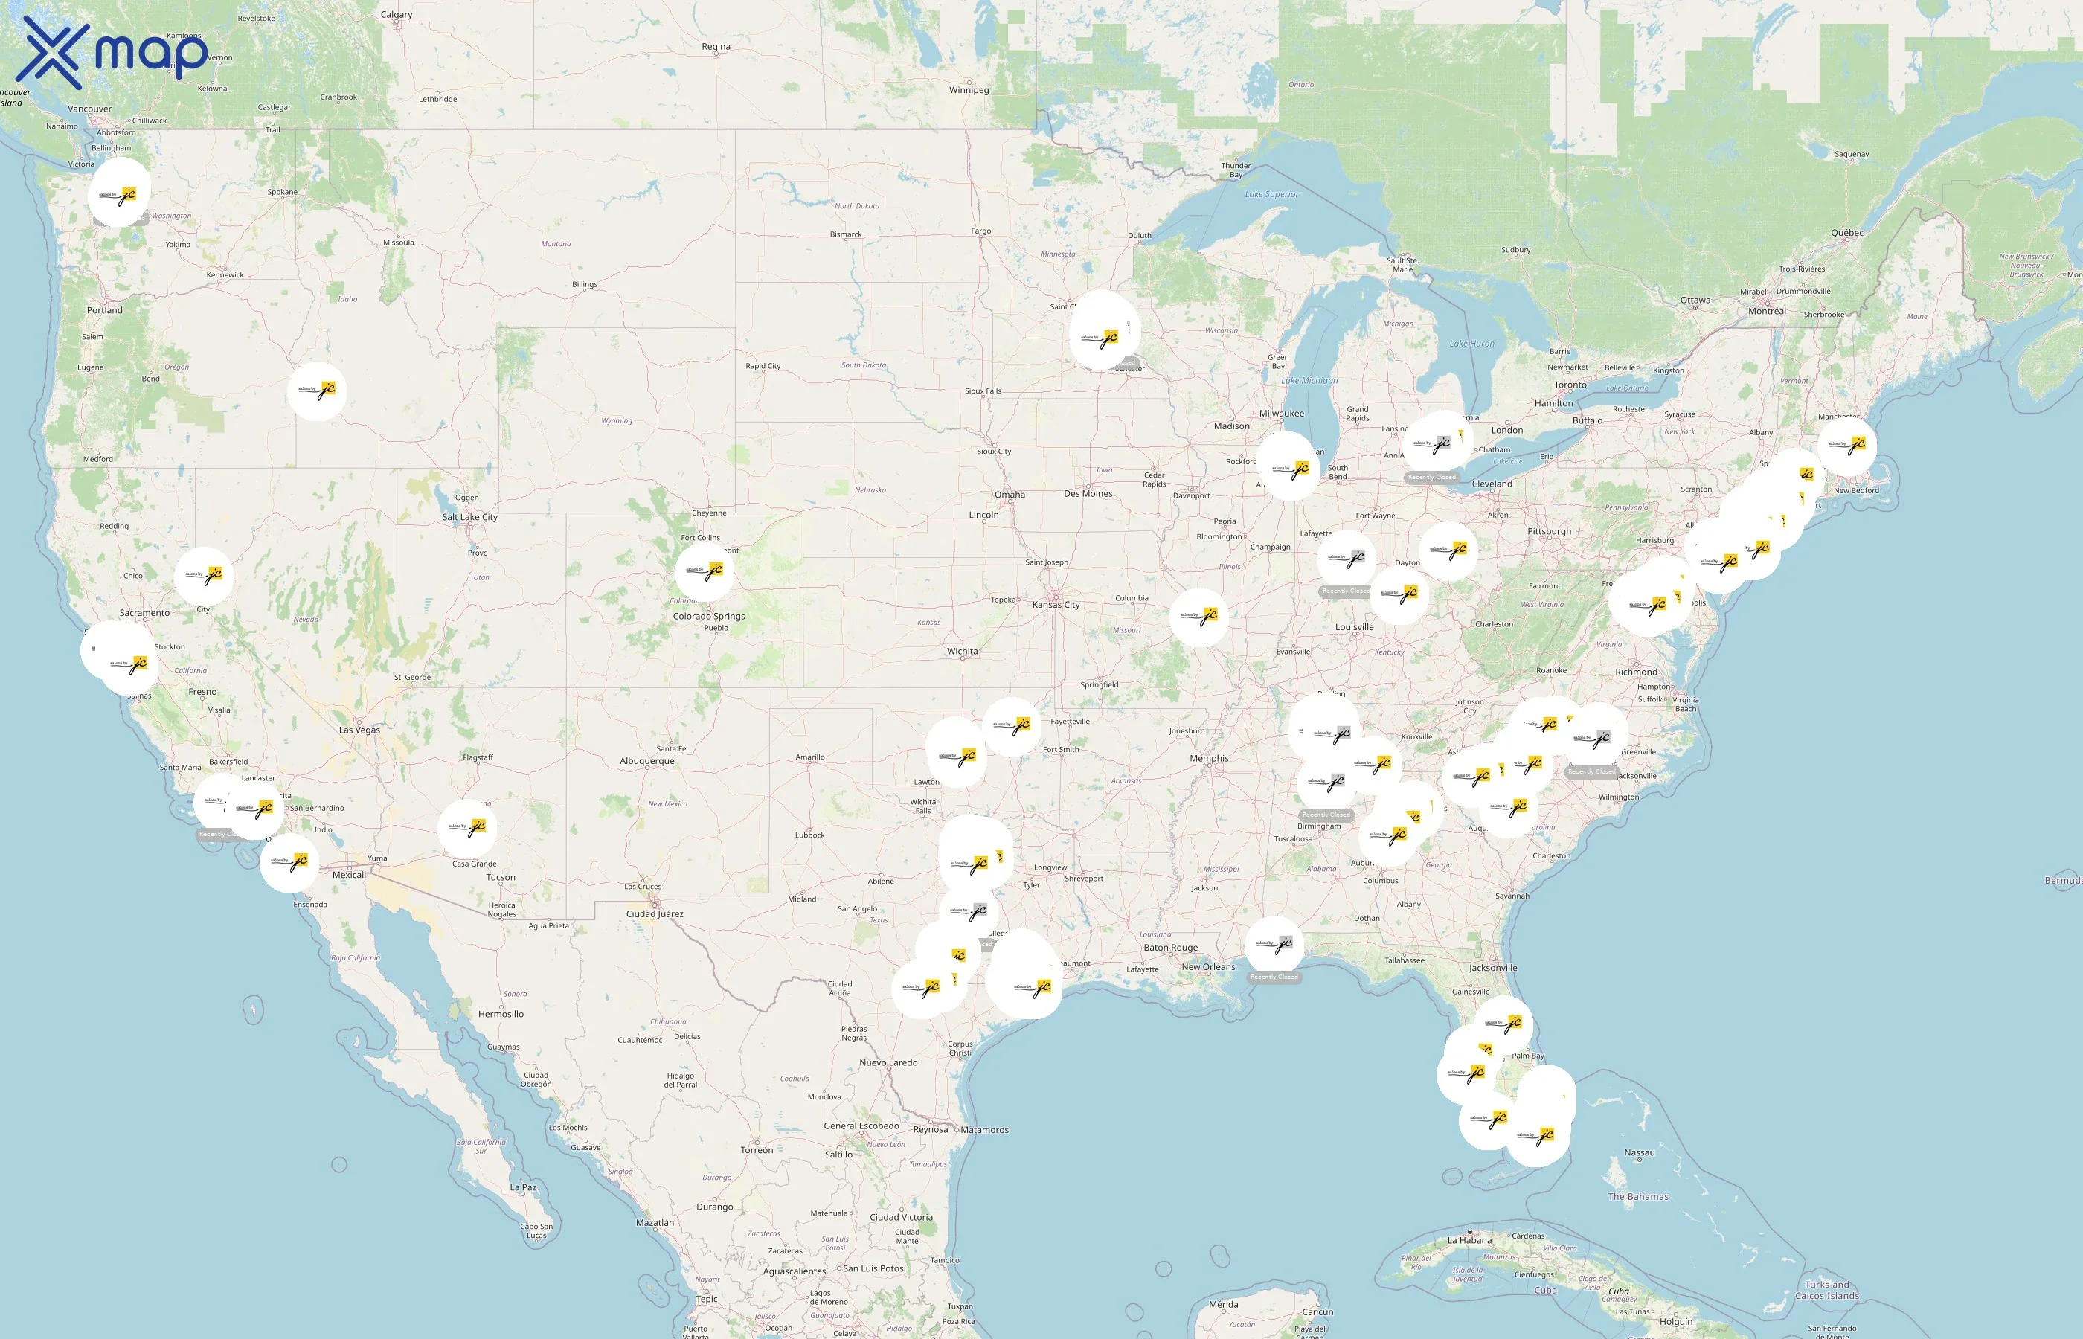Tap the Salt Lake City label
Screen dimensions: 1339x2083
tap(469, 517)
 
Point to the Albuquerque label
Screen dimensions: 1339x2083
tap(646, 761)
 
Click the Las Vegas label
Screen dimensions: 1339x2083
tap(359, 730)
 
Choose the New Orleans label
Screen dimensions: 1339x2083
tap(1207, 967)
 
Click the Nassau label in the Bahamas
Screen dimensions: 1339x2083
tap(1639, 1153)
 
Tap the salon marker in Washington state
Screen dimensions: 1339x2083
tap(119, 193)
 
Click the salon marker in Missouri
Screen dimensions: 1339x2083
tap(1199, 617)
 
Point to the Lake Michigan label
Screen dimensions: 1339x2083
tap(1309, 381)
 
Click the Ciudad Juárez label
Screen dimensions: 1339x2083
tap(655, 913)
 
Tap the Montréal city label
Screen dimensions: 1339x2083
tap(1767, 311)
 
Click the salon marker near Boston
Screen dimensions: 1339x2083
tap(1846, 445)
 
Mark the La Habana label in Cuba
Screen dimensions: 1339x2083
tap(1469, 1241)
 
